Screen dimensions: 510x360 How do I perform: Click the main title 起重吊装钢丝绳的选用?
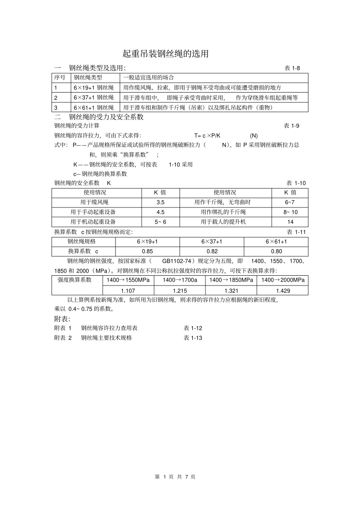pyautogui.click(x=166, y=54)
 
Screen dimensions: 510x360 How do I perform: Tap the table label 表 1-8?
pyautogui.click(x=292, y=68)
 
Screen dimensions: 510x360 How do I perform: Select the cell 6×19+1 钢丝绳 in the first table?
pyautogui.click(x=94, y=88)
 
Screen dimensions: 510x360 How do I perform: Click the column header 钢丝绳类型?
pyautogui.click(x=88, y=78)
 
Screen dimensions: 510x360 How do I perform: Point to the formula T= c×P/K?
pyautogui.click(x=207, y=136)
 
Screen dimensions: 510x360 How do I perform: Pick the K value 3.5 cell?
pyautogui.click(x=160, y=202)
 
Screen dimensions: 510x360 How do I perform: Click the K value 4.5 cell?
pyautogui.click(x=160, y=212)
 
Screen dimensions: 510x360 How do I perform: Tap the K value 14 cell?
pyautogui.click(x=290, y=222)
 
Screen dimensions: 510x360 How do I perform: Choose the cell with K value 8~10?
pyautogui.click(x=290, y=212)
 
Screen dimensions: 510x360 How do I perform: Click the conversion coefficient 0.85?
pyautogui.click(x=147, y=251)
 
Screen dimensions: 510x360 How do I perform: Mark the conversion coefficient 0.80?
pyautogui.click(x=276, y=251)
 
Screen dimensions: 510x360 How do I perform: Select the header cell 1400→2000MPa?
pyautogui.click(x=283, y=280)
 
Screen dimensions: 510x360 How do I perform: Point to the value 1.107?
pyautogui.click(x=128, y=290)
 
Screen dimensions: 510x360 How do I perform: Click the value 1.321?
pyautogui.click(x=231, y=290)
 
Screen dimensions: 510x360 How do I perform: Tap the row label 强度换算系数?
pyautogui.click(x=75, y=280)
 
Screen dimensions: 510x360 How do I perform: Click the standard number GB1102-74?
pyautogui.click(x=176, y=261)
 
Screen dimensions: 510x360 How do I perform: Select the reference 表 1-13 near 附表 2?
pyautogui.click(x=193, y=338)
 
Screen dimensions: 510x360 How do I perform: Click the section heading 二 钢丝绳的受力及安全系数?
pyautogui.click(x=99, y=117)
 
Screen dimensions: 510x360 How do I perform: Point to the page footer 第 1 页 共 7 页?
pyautogui.click(x=175, y=477)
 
